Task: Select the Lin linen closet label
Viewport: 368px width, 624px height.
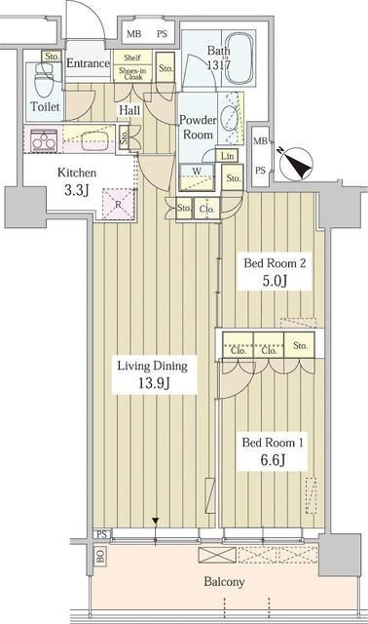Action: [227, 157]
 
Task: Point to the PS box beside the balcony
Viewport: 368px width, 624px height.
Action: [101, 533]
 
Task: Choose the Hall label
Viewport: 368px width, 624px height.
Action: [129, 111]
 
